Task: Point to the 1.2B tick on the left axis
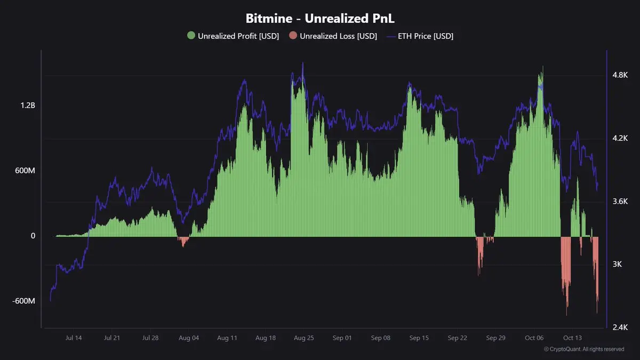(28, 106)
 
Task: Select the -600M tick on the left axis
(24, 301)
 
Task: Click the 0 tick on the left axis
(33, 236)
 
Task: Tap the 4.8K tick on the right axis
(620, 75)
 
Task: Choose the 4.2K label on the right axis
(620, 138)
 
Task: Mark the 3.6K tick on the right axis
(620, 202)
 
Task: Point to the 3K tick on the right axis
(618, 265)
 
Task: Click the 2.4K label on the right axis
(620, 327)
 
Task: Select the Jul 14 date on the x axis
(74, 338)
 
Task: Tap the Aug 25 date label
(303, 338)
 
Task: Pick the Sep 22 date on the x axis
(457, 338)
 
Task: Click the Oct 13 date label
(572, 338)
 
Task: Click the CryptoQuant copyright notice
(584, 349)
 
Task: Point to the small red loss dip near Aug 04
(184, 241)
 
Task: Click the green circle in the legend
(191, 36)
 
